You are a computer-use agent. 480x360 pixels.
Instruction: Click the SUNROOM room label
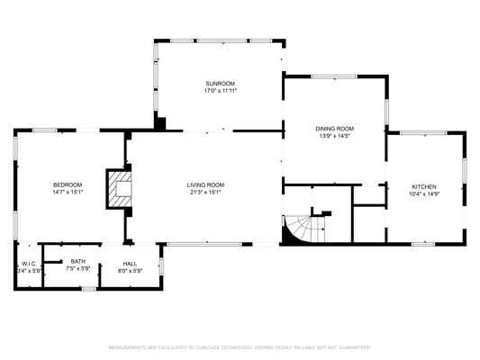pos(220,84)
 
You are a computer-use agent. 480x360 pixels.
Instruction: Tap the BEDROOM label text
pos(68,185)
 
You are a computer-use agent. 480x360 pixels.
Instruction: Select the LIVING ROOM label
pos(205,185)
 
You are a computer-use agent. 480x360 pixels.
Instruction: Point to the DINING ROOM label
pos(335,129)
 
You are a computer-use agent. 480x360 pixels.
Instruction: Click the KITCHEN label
pos(424,187)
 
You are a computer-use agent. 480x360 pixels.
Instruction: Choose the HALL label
pos(130,264)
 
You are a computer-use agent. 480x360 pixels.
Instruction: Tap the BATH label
pos(78,262)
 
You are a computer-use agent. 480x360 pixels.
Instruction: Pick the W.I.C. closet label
pos(29,264)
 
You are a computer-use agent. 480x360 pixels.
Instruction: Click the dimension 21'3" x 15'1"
pos(205,193)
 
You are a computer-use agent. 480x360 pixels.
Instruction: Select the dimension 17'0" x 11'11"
pos(221,91)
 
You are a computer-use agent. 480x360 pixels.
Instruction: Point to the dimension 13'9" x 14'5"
pos(335,136)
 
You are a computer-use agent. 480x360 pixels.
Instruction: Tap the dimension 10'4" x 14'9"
pos(424,193)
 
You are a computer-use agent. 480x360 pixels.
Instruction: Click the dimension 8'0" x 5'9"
pos(130,271)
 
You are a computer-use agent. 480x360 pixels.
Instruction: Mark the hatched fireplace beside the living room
pos(119,189)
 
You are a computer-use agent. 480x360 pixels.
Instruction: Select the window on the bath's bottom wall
pos(88,288)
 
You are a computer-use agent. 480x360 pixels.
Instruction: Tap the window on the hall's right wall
pos(161,266)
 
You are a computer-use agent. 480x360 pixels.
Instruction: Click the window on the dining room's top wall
pos(334,76)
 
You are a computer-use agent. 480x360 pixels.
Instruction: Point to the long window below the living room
pos(204,244)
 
